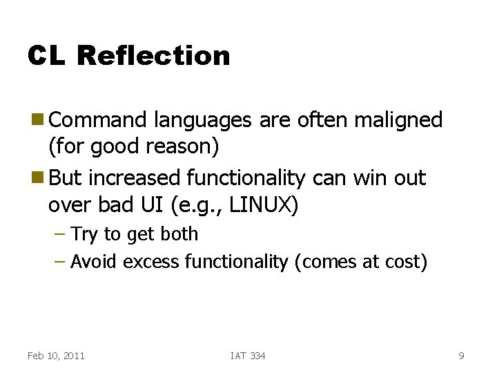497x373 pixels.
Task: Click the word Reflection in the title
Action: [x=154, y=56]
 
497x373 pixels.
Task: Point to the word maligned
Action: [x=398, y=120]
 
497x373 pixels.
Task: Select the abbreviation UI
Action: [x=164, y=205]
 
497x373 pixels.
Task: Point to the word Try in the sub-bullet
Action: [x=85, y=235]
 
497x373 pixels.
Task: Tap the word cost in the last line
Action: [x=405, y=262]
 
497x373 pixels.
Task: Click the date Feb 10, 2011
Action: [x=56, y=356]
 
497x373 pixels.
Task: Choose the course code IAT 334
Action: [x=248, y=356]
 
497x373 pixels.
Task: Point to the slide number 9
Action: [x=461, y=356]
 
